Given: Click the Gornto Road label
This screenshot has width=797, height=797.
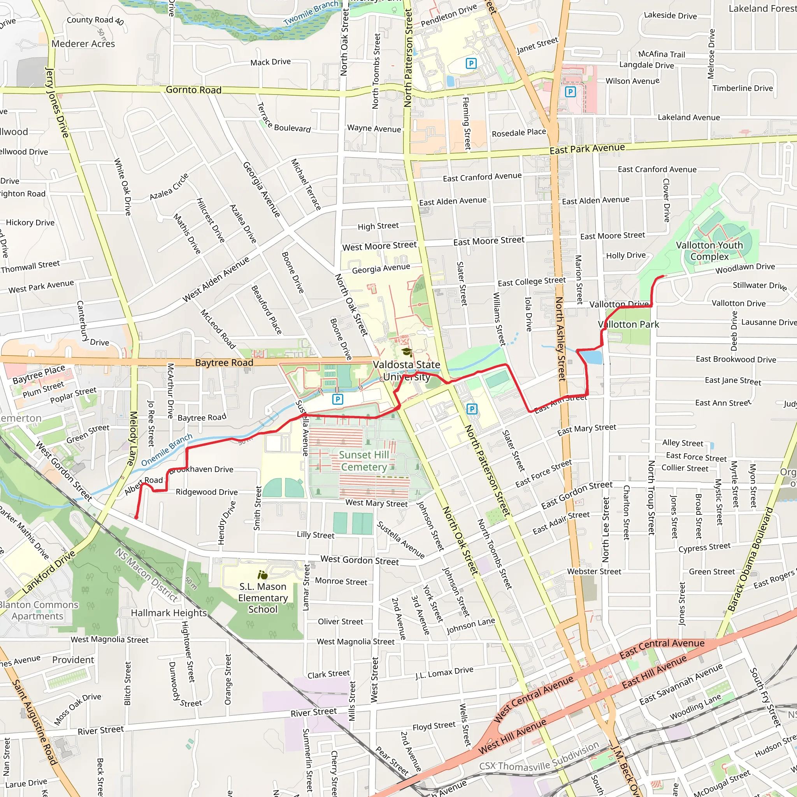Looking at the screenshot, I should (193, 90).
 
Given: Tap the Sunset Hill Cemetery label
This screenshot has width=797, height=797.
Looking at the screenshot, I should (364, 461).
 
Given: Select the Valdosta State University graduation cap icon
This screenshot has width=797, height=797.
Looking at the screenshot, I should (407, 352).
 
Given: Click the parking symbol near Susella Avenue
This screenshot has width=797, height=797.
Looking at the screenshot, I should (337, 399).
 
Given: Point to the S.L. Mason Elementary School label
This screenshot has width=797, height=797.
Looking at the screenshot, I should (263, 598).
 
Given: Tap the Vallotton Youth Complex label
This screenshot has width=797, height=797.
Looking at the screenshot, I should (709, 251).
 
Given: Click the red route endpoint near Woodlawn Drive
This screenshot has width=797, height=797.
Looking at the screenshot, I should (664, 276).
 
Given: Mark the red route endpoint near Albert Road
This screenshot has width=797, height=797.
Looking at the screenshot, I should (136, 517).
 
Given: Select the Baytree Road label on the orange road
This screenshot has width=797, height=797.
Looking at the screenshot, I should (224, 363).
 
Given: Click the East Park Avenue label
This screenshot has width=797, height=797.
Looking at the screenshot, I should (587, 149).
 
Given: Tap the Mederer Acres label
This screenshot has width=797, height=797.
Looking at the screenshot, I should (83, 44).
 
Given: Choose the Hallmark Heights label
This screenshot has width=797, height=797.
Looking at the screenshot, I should (169, 613).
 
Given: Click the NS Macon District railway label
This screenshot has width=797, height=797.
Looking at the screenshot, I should (146, 575).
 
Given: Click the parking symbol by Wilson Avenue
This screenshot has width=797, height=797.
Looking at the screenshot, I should (570, 91).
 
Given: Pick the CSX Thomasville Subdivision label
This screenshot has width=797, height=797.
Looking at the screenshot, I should (539, 756).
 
